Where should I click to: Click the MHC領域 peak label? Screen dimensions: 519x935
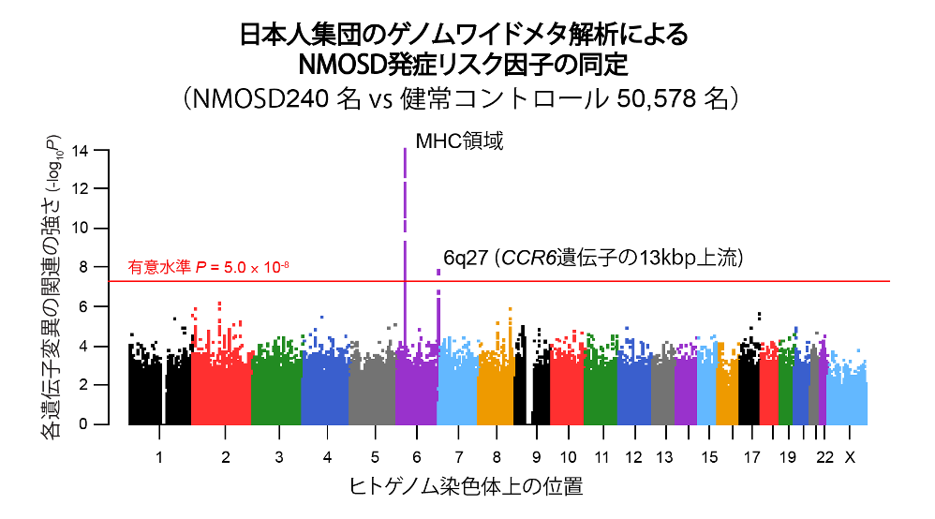(x=460, y=141)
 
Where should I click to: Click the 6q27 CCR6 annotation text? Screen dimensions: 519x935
(x=592, y=259)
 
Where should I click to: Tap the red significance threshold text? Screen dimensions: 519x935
(x=208, y=267)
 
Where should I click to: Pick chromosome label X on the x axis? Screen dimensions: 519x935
(x=850, y=457)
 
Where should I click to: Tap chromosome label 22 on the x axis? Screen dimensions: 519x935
(x=824, y=457)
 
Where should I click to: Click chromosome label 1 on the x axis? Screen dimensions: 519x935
(x=159, y=457)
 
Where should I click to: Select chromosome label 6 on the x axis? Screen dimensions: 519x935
(x=418, y=457)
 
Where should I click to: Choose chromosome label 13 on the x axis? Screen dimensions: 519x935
(x=663, y=457)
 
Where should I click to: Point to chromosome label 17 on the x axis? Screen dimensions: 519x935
(x=751, y=457)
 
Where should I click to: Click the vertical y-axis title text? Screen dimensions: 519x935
(x=53, y=286)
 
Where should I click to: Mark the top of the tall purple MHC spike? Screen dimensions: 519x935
(x=405, y=149)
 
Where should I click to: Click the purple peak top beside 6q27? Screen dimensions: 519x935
(x=438, y=272)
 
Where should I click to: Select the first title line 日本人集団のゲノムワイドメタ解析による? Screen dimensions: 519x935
(x=466, y=35)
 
